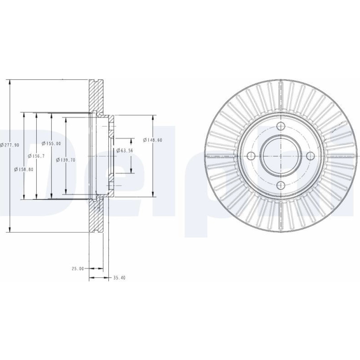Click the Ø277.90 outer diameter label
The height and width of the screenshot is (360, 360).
point(10,145)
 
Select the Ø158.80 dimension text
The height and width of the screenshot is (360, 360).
point(24,170)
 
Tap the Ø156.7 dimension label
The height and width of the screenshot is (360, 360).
point(36,156)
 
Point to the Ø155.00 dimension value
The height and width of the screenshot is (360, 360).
point(51,144)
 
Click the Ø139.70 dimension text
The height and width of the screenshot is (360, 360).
point(66,160)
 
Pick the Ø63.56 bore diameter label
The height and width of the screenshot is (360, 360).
point(125,150)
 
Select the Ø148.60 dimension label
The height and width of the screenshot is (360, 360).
point(152,140)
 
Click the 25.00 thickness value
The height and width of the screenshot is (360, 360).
point(78,269)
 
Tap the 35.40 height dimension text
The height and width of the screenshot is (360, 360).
point(120,278)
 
